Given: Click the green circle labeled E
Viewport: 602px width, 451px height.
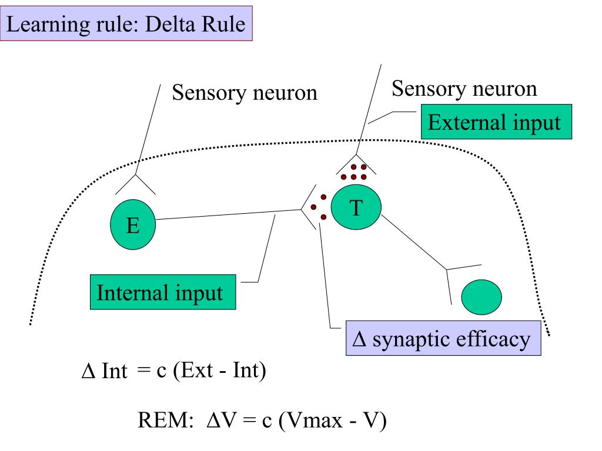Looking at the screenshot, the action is (x=133, y=224).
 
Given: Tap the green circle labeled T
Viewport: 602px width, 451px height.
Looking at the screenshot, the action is (x=356, y=207).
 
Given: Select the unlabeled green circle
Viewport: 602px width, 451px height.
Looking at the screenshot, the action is (x=481, y=297).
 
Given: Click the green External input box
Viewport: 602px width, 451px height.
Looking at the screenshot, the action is (x=496, y=122).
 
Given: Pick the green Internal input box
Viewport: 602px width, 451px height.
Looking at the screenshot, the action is (x=163, y=292).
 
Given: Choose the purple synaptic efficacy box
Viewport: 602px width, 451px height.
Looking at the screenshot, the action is (x=443, y=338).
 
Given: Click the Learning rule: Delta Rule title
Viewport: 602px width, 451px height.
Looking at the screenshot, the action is (x=126, y=23).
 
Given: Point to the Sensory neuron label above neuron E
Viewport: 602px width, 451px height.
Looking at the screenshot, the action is (x=245, y=93).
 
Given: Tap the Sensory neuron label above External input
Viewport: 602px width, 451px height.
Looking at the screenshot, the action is (x=464, y=89).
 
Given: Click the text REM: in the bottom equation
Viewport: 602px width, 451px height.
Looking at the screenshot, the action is (x=165, y=420).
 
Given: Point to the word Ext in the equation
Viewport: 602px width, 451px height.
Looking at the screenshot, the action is (x=197, y=371).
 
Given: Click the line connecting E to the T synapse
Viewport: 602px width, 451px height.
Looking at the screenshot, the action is (x=228, y=214).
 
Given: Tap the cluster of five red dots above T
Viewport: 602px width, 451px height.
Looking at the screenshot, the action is (x=353, y=172).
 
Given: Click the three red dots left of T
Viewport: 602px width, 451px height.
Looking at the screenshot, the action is (x=319, y=207).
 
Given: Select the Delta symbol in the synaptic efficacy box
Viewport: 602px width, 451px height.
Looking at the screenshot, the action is (x=359, y=339).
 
